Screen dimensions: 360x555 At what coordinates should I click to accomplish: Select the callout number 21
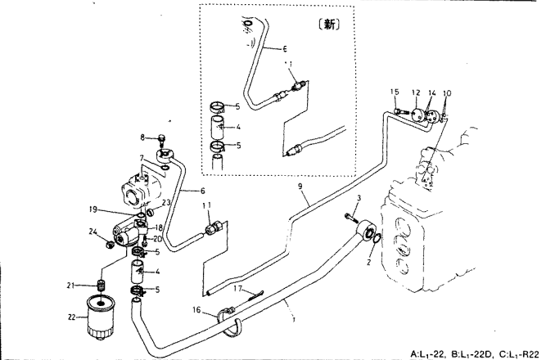[70, 285]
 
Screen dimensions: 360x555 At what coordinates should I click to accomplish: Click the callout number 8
[142, 137]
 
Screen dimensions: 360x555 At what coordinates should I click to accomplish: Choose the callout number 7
[142, 157]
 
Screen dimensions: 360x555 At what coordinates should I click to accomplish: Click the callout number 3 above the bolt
[358, 199]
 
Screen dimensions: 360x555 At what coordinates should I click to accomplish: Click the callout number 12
[415, 92]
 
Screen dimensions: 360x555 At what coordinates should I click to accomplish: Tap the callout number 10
[446, 94]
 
